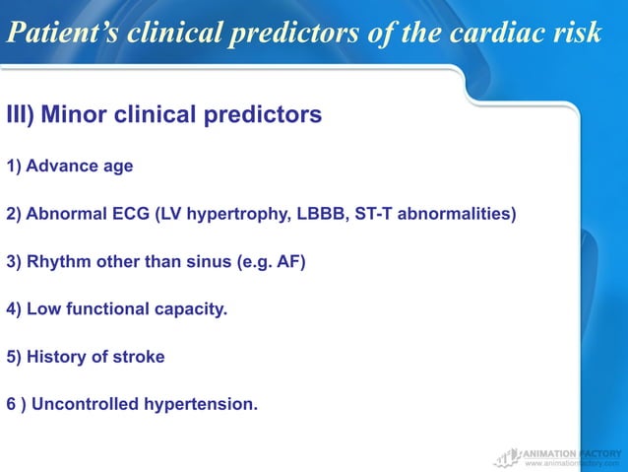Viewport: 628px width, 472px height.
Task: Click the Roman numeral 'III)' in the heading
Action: click(21, 115)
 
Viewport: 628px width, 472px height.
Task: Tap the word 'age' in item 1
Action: click(116, 167)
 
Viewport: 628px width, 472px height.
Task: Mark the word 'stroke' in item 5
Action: click(139, 357)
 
